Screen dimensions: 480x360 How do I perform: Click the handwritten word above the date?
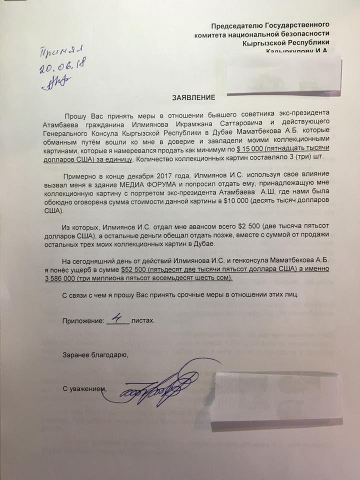62,50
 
